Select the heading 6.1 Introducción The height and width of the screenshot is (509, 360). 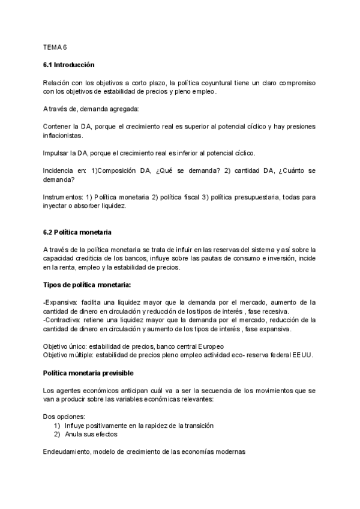(68, 64)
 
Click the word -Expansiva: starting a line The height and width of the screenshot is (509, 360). (61, 302)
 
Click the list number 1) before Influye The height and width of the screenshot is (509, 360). (58, 425)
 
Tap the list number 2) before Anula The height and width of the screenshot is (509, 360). (58, 433)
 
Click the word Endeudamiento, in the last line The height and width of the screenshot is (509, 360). (67, 451)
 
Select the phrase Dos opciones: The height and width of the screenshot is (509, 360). (64, 416)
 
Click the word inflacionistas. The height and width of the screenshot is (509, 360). (64, 136)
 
